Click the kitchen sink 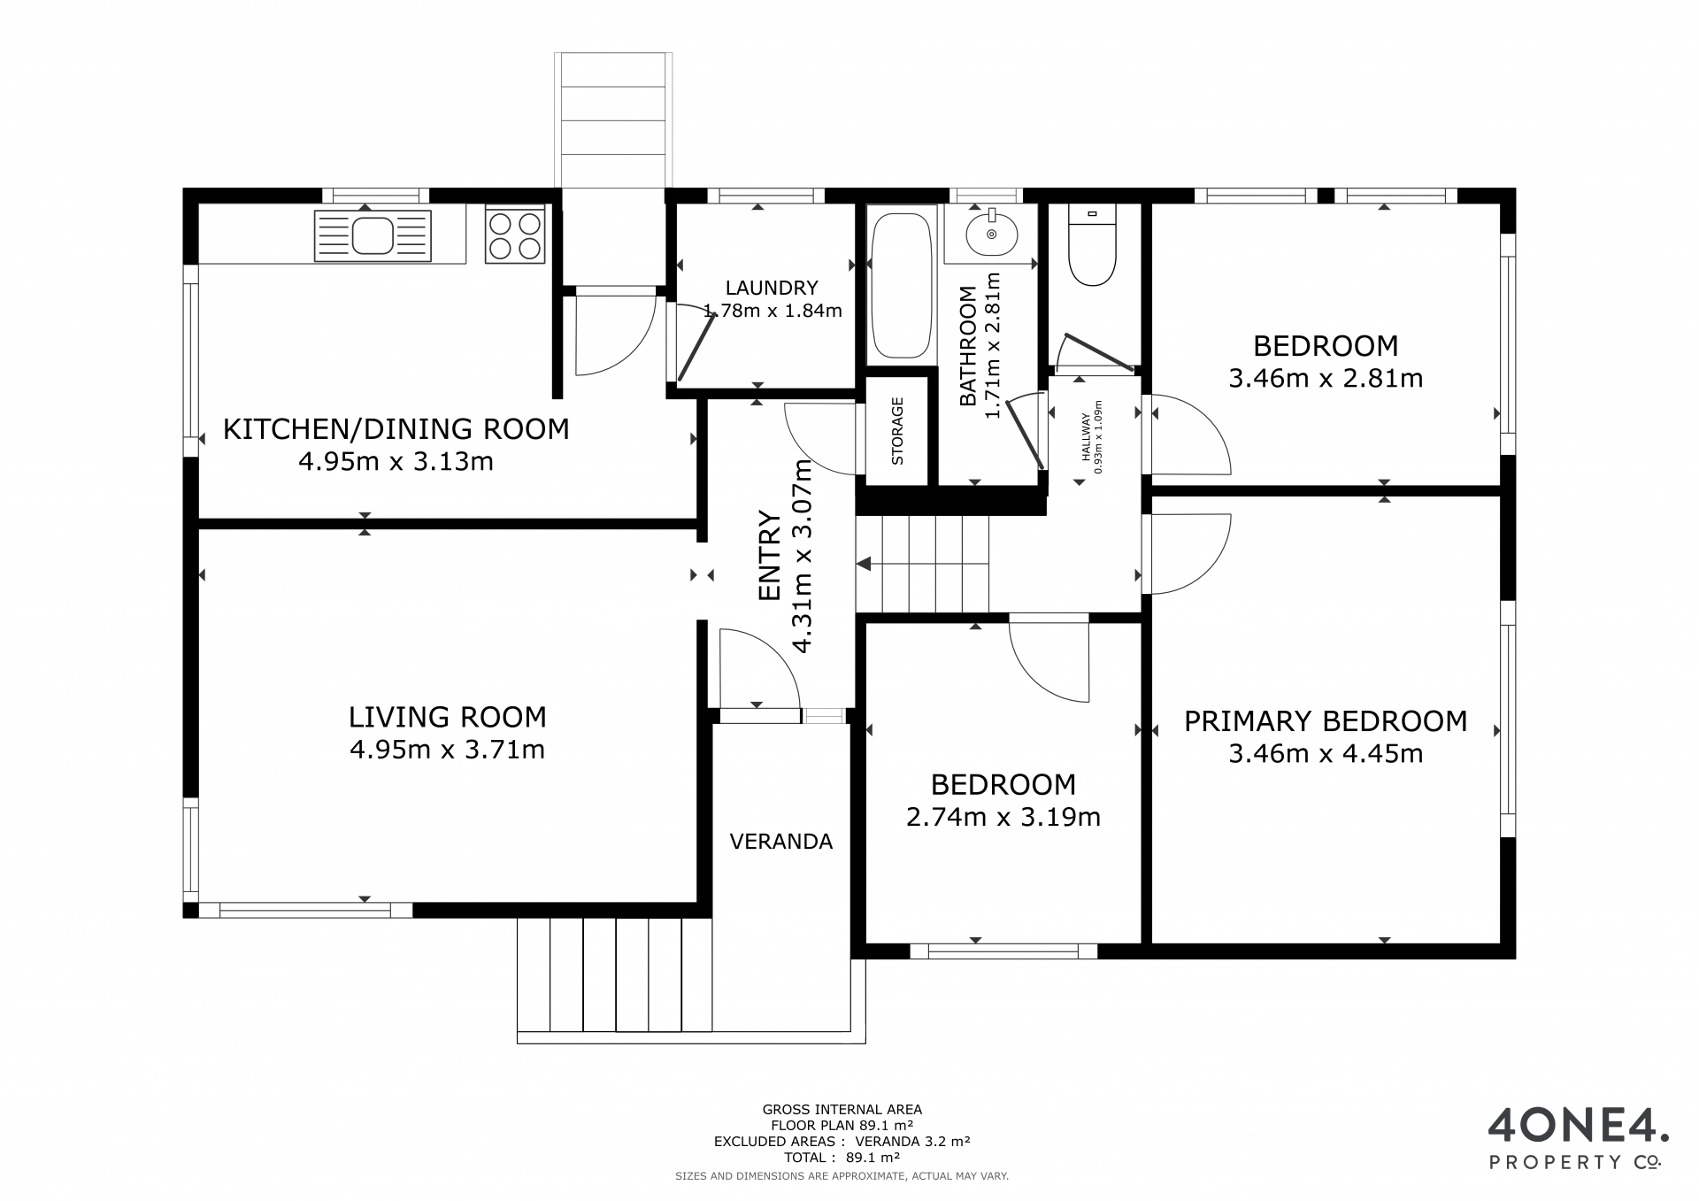373,236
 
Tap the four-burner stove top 514,235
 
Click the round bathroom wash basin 991,234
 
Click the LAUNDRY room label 772,288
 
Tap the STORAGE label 897,431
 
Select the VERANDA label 781,842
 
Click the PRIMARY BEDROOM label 1326,721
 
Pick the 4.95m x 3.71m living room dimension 448,751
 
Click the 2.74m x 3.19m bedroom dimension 1003,817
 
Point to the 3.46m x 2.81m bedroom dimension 1326,379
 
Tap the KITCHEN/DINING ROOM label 396,429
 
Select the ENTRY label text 770,556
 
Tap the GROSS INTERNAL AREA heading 842,1109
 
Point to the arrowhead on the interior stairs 864,564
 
